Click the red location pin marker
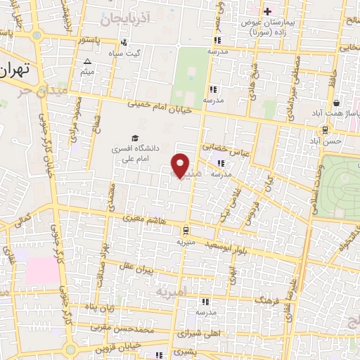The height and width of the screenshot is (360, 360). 181,166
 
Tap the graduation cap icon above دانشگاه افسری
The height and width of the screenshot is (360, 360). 134,138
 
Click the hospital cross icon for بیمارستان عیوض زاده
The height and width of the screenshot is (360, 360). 268,11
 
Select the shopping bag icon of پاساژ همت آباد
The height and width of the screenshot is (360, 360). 337,101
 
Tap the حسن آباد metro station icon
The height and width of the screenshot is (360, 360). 325,129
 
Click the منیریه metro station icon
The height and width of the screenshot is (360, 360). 185,229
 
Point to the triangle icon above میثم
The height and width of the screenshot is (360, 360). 88,62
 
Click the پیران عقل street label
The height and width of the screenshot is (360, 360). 134,269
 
